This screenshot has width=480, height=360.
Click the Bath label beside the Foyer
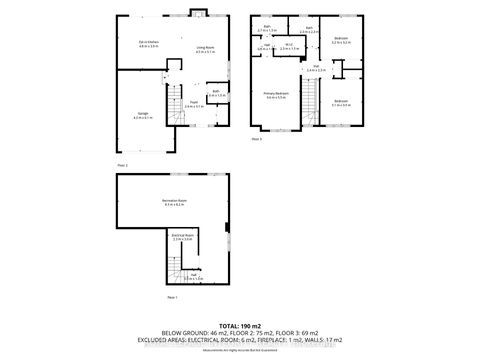click(x=215, y=92)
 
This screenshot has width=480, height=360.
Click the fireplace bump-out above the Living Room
click(x=198, y=14)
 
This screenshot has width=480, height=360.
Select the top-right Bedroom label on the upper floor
click(x=340, y=43)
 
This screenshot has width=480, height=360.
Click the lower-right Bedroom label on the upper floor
click(x=341, y=102)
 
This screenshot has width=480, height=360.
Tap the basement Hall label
click(x=192, y=276)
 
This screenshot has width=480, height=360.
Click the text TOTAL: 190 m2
click(x=240, y=327)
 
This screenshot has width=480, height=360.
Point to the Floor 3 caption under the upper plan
click(x=256, y=139)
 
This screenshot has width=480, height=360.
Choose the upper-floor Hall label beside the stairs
click(x=316, y=70)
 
